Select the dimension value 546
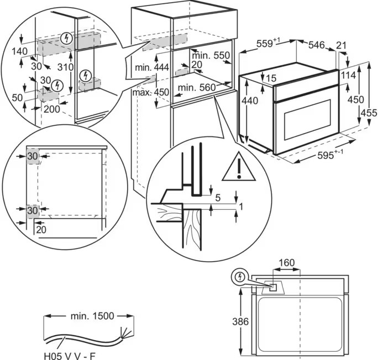315,45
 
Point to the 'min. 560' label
196,87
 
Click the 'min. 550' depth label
210,56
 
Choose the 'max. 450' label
150,92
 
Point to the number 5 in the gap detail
218,197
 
